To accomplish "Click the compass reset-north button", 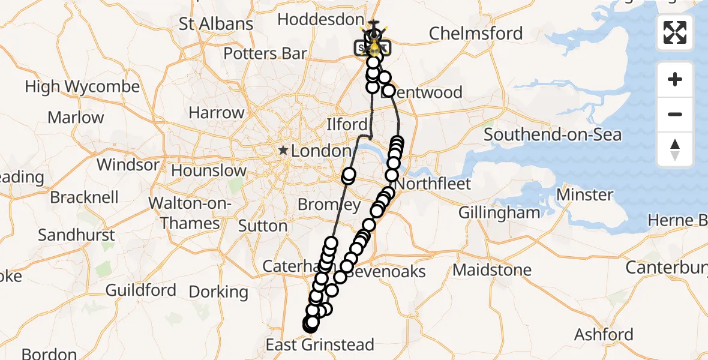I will (x=675, y=149).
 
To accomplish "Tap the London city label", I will (x=320, y=151).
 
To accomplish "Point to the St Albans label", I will (x=216, y=24).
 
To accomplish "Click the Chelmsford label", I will (x=476, y=33).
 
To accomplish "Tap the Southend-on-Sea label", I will (x=553, y=134).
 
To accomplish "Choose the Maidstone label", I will (x=492, y=270).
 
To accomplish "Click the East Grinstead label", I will (x=320, y=345).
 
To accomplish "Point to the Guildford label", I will (x=141, y=290).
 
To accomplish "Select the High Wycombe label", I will (x=82, y=86).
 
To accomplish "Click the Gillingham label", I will (x=499, y=212).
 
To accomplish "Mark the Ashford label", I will (x=604, y=334).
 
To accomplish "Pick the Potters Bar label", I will (x=265, y=53).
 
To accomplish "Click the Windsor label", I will (x=128, y=164).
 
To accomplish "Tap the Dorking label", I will (x=218, y=292).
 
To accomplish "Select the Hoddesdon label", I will (x=320, y=20).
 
